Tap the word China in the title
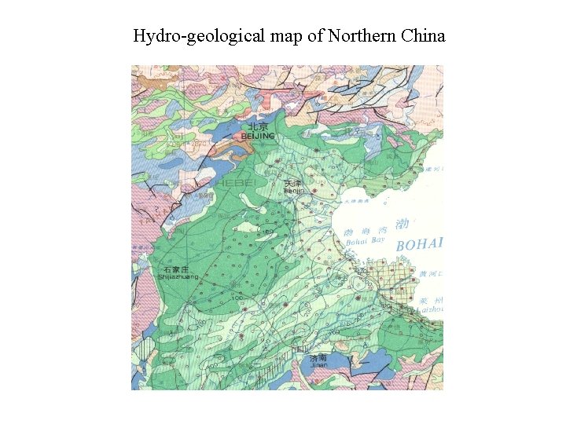[x=423, y=36]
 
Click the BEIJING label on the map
[x=258, y=137]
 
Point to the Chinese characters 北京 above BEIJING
[x=258, y=126]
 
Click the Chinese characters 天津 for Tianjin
[x=292, y=183]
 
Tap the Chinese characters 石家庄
[x=175, y=269]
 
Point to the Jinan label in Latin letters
[x=318, y=365]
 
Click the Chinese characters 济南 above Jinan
[x=318, y=357]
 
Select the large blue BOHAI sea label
[x=420, y=244]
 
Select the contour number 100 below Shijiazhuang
[x=235, y=300]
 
